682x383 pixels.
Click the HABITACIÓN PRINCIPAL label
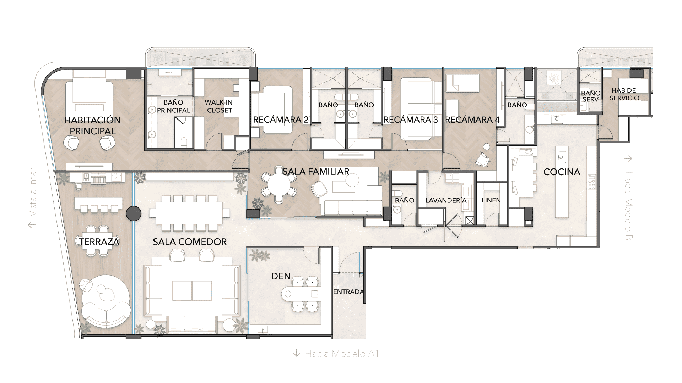point(92,126)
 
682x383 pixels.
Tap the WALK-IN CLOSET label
point(219,106)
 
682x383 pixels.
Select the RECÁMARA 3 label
point(411,120)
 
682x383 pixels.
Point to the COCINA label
point(562,172)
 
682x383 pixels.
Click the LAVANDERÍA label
point(446,200)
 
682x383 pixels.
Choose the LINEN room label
point(491,200)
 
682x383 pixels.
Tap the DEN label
point(281,276)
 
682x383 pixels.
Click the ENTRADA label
point(348,292)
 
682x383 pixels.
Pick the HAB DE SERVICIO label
point(624,94)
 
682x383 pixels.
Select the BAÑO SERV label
point(591,96)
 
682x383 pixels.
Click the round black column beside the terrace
point(134,213)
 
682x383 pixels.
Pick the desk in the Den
point(301,294)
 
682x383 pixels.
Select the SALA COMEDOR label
point(190,242)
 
